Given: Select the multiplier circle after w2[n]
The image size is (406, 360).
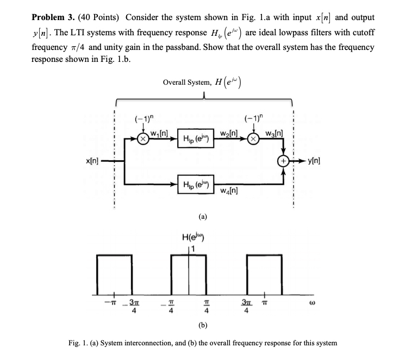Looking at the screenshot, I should point(253,138).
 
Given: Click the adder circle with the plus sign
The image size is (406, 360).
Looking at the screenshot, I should point(283,161).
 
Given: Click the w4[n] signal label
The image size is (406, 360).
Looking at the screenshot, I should point(231,191).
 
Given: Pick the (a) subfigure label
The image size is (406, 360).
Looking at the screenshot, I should point(202,216).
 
